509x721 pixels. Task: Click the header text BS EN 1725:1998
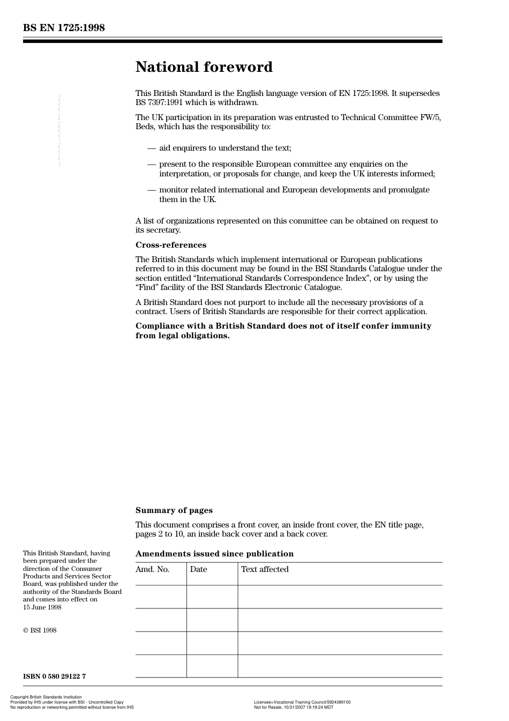(64, 28)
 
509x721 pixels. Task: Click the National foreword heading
(204, 67)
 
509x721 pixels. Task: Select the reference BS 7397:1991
(159, 102)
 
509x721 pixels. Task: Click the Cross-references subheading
(170, 245)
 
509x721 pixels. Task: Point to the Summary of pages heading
(174, 510)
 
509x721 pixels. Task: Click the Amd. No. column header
(152, 569)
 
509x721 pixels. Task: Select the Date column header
(198, 569)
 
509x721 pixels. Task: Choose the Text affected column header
(265, 569)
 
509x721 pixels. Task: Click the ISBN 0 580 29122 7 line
(54, 676)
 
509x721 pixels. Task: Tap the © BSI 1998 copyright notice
(40, 630)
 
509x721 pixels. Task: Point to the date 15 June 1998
(42, 607)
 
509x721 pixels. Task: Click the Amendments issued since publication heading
(214, 554)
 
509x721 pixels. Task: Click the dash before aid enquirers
(152, 148)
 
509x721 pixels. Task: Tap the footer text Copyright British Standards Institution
(46, 697)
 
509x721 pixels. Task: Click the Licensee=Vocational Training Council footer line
(302, 702)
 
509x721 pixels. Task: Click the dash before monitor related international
(152, 190)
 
